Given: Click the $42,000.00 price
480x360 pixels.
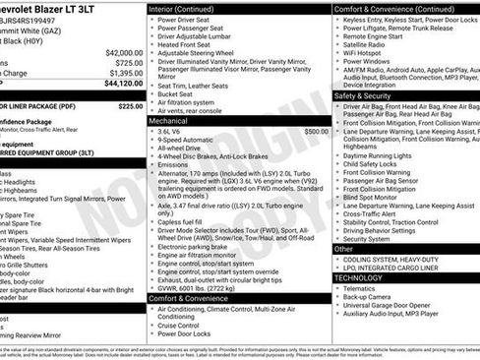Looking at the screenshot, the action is click(123, 52).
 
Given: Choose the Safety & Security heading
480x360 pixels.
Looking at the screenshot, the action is click(363, 96).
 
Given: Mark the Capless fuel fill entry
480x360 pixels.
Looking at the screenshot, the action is click(188, 222).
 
